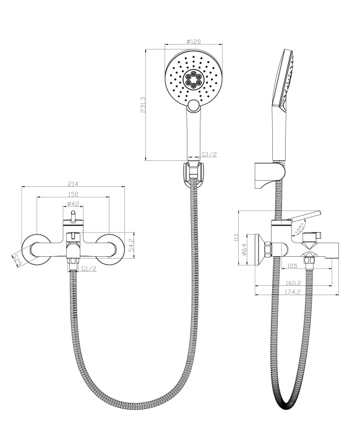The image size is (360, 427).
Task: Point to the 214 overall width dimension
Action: (73, 184)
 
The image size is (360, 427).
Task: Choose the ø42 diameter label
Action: (73, 204)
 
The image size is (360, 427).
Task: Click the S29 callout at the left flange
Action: (17, 259)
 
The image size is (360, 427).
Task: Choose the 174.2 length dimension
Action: (302, 291)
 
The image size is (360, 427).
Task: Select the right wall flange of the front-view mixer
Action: (112, 248)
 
